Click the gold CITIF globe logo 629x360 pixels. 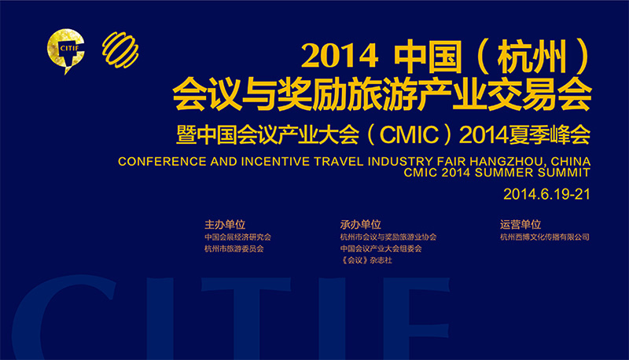pos(66,50)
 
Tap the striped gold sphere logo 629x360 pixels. pos(120,50)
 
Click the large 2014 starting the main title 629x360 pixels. pos(340,56)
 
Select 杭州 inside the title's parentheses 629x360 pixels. pos(532,56)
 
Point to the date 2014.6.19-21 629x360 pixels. pos(546,194)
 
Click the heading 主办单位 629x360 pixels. pos(225,224)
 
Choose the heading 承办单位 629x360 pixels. pos(360,224)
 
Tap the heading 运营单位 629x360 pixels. pos(520,224)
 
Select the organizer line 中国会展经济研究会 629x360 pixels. pos(238,237)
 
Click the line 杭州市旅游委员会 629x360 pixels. pos(234,248)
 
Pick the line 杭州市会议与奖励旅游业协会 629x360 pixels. pos(388,237)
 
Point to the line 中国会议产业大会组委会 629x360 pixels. pos(381,248)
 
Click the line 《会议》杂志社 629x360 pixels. pos(366,260)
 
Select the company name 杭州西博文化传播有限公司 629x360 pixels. pos(545,237)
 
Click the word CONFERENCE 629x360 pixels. pos(162,162)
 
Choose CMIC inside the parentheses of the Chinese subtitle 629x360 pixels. pos(409,134)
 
